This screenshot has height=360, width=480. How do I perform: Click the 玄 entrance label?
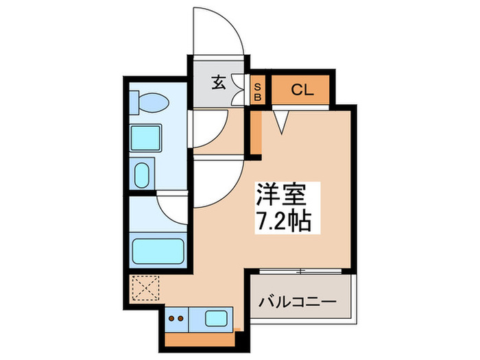tap(218, 83)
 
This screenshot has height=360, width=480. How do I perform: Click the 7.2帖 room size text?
tap(283, 221)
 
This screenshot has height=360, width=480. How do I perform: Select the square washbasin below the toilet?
tap(145, 139)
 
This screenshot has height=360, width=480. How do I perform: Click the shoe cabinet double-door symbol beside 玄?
tap(239, 89)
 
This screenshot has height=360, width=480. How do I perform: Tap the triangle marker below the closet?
tap(283, 121)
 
